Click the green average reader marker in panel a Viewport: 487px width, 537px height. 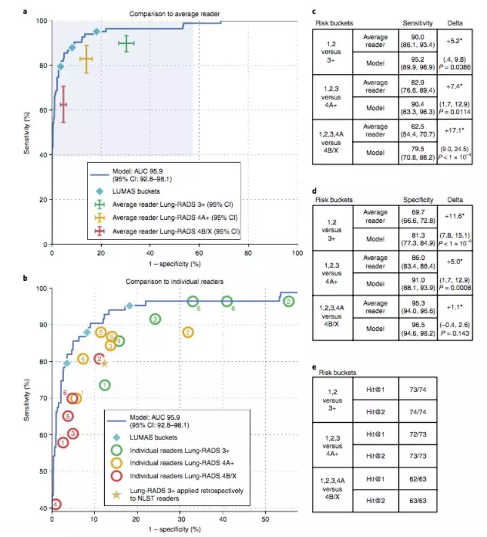coord(126,44)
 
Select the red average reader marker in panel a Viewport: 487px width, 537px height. coord(62,104)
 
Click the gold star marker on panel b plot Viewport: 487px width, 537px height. coord(104,363)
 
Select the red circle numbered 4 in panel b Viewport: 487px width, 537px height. coord(56,504)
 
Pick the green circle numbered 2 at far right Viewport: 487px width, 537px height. coord(288,301)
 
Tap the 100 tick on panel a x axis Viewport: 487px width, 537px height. coord(297,252)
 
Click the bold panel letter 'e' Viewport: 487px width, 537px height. coord(314,365)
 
